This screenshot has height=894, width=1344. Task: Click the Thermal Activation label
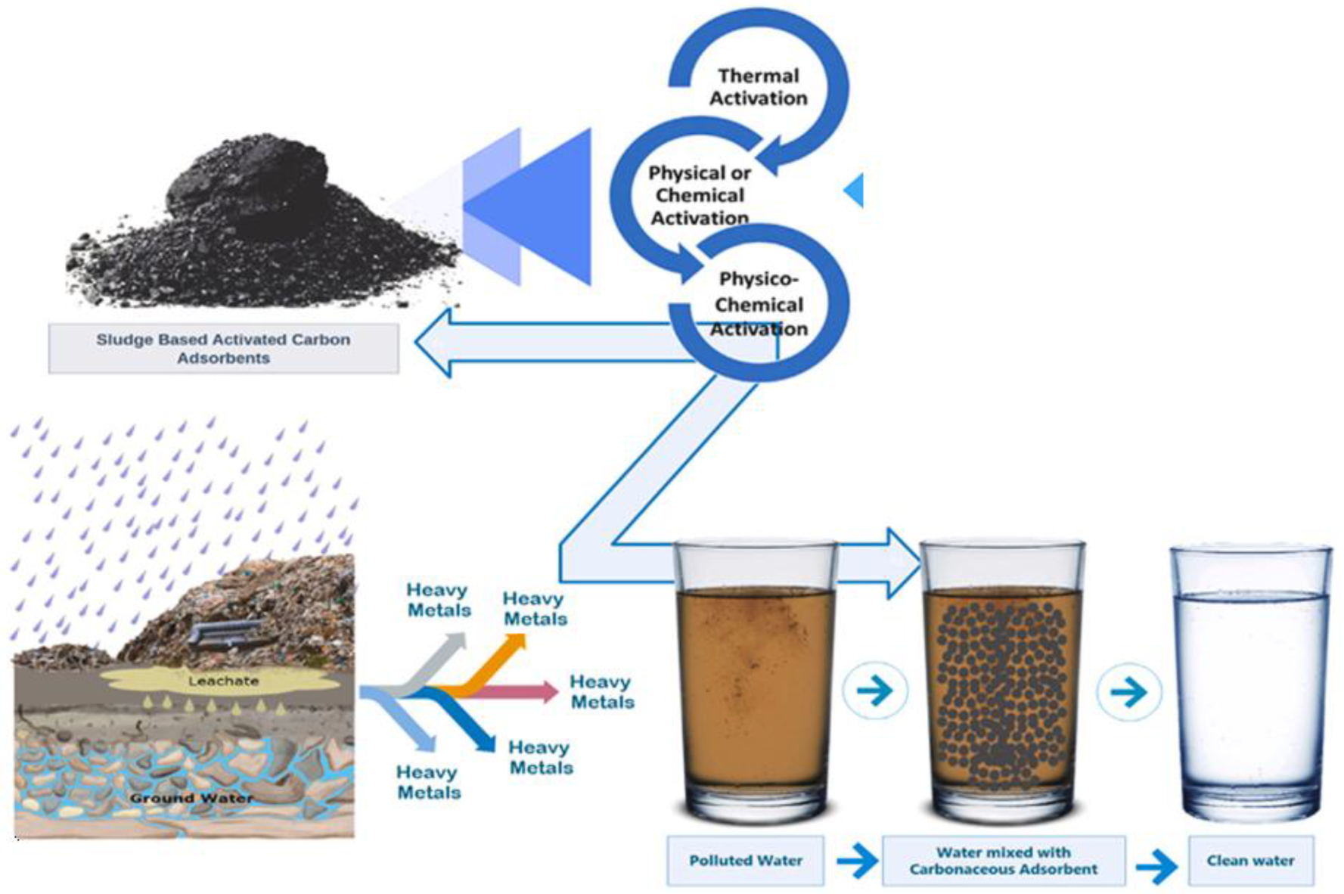click(x=758, y=87)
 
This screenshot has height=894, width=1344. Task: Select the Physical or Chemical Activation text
click(x=700, y=195)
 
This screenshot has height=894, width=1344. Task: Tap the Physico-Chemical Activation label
click(x=759, y=304)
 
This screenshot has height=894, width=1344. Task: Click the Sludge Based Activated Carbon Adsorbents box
click(x=223, y=349)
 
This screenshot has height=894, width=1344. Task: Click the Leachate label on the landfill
click(x=223, y=681)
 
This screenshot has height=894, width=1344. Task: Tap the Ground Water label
click(x=191, y=798)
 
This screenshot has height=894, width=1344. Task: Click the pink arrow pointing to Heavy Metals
click(x=522, y=691)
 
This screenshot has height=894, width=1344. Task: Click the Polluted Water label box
click(x=745, y=861)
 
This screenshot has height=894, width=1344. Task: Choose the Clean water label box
click(x=1250, y=861)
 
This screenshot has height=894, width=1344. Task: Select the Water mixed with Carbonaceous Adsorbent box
click(x=1003, y=861)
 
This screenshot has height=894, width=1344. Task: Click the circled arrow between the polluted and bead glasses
click(x=875, y=691)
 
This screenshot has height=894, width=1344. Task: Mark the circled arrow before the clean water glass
click(x=1129, y=691)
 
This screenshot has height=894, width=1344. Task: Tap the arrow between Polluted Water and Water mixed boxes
click(x=857, y=861)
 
